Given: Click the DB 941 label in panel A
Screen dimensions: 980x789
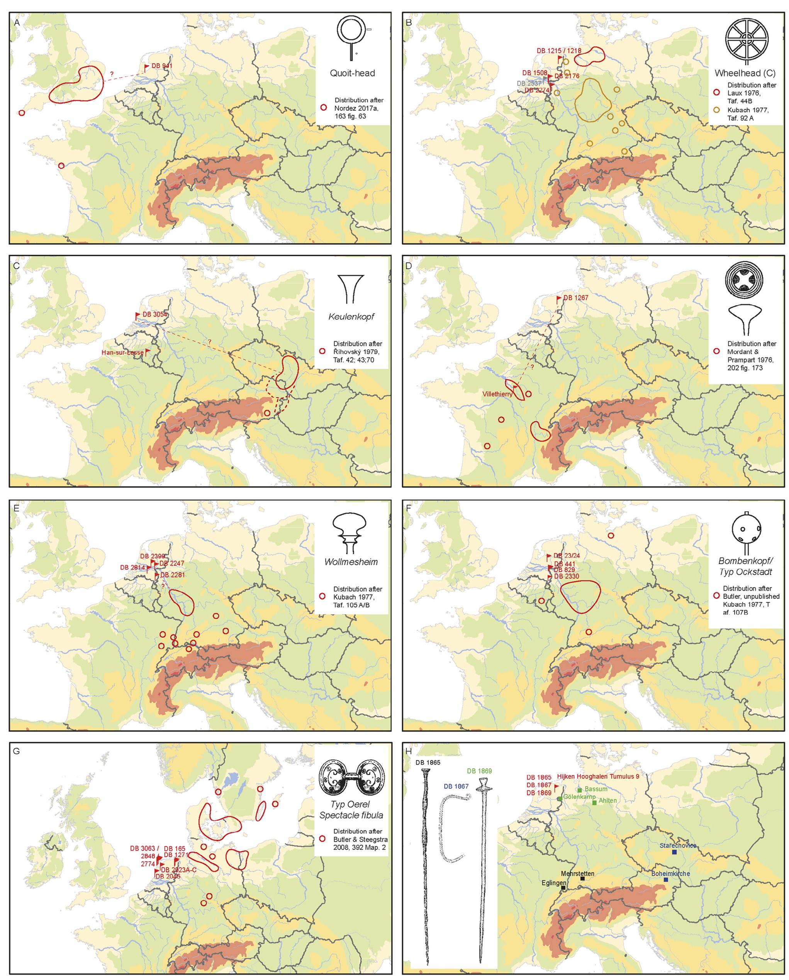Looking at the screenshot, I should coord(162,66).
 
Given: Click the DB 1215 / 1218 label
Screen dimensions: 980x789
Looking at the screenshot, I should coord(559,51).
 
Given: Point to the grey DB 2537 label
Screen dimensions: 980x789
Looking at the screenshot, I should coord(528,84).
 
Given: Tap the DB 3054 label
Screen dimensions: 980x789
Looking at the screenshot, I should coord(154,315).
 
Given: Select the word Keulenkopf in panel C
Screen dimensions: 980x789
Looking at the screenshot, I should coord(351,317).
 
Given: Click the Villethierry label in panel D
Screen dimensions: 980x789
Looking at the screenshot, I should coord(497,394).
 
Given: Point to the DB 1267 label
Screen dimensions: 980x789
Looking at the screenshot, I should coord(576,298).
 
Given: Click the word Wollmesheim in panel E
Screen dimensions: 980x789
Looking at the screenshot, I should coord(351,562).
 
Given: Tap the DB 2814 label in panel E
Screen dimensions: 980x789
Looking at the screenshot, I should coord(132,568).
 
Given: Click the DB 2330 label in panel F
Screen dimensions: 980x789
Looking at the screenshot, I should coord(567,576).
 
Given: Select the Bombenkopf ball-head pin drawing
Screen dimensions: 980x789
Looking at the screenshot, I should coord(746,532).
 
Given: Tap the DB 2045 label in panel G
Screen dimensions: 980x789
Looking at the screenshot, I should coord(168,876).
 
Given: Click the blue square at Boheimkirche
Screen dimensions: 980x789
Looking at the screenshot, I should coord(666,880).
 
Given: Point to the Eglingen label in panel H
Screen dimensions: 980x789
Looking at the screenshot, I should coord(554,883).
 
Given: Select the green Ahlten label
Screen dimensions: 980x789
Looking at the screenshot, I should coord(608,801).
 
